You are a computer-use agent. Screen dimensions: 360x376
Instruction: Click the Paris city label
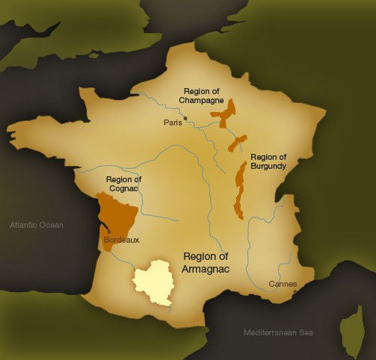[173, 123]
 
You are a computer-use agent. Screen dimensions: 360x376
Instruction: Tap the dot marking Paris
[186, 117]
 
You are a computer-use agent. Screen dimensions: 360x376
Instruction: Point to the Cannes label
[283, 285]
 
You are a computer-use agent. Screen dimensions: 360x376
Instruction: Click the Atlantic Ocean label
[37, 225]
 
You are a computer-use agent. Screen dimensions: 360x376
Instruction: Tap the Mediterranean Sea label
[277, 332]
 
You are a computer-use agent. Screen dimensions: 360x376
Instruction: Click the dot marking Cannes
[296, 291]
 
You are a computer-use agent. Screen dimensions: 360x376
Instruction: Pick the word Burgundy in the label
[269, 167]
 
